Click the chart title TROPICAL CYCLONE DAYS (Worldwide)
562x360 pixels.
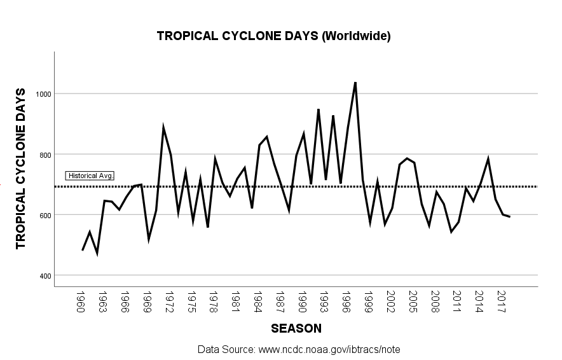[x=273, y=36]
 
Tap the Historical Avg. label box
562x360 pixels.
[x=90, y=176]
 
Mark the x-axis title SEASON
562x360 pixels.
[x=296, y=329]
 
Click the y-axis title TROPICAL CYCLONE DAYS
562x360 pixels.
[x=20, y=169]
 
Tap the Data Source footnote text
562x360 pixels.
[x=298, y=350]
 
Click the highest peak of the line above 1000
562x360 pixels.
[x=355, y=82]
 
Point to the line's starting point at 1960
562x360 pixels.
[x=83, y=250]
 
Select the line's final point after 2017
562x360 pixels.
[x=509, y=217]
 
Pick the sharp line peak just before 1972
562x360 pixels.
[x=163, y=127]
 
